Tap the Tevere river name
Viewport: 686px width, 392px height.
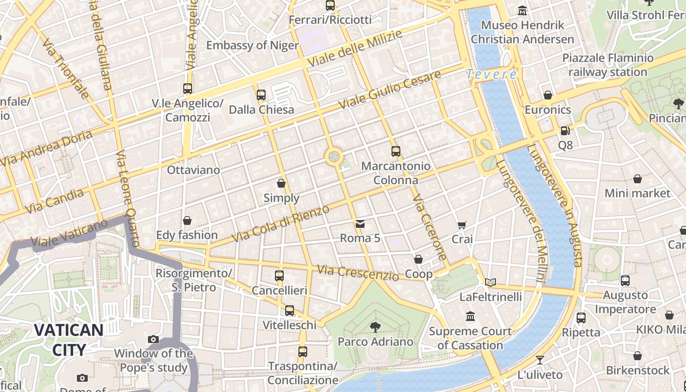point(491,74)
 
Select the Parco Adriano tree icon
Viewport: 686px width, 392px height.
point(375,327)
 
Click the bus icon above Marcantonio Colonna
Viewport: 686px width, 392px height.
point(395,151)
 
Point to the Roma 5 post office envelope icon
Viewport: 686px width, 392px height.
point(360,224)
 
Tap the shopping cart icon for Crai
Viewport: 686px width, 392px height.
point(462,225)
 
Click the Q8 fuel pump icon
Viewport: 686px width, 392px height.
point(565,131)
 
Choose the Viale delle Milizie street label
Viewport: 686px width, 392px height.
point(355,49)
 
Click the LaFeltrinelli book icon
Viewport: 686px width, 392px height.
point(490,282)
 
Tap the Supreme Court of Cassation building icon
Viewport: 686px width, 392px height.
point(470,317)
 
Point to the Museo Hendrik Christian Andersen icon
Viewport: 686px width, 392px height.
point(522,10)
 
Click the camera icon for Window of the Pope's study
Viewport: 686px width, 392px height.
point(153,339)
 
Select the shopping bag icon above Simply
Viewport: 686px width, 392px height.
point(281,183)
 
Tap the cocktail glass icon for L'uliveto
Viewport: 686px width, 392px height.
point(540,360)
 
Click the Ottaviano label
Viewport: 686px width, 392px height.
point(194,170)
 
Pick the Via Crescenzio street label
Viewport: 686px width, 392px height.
point(358,273)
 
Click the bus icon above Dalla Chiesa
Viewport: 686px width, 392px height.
point(261,95)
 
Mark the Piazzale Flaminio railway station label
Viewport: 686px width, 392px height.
point(608,65)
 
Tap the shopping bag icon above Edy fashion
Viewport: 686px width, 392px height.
point(187,220)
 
